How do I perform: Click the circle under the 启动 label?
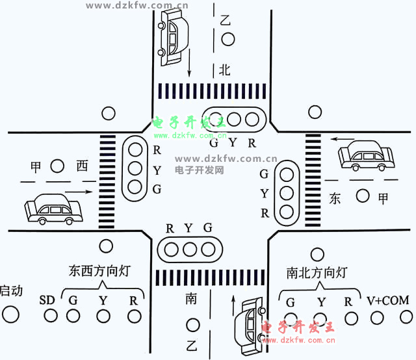[x=10, y=315]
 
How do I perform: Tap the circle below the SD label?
[x=50, y=316]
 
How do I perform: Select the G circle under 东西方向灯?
[x=72, y=316]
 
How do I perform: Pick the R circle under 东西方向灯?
[x=134, y=316]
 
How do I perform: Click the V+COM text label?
[x=387, y=301]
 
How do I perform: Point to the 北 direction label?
[x=225, y=70]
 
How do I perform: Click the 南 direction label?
[x=191, y=299]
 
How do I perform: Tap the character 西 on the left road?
[x=81, y=166]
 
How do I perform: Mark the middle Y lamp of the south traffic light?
[x=190, y=248]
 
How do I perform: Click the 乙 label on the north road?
[x=226, y=20]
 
